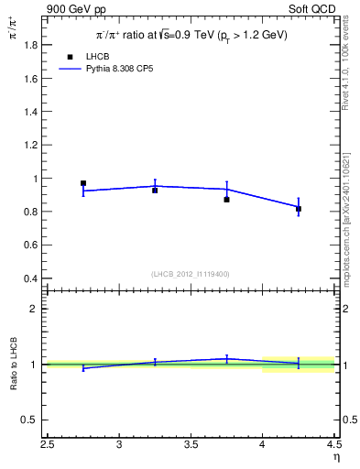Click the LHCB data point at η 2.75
click(83, 183)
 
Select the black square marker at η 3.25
click(155, 191)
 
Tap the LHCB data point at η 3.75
click(226, 199)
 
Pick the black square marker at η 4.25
click(299, 209)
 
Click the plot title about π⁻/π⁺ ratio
click(191, 35)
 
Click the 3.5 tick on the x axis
click(191, 445)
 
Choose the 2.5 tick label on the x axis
click(48, 445)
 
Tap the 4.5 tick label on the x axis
click(333, 445)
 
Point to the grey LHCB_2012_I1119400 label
click(190, 274)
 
